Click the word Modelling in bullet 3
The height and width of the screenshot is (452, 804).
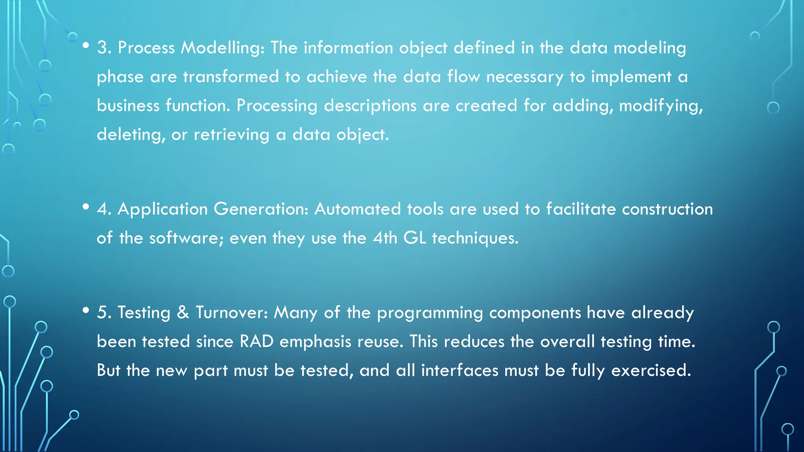coord(222,48)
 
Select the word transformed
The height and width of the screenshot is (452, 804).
coord(231,77)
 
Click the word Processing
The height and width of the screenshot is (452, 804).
coord(277,106)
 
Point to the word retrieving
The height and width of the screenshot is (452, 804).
coord(232,135)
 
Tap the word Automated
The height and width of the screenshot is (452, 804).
coord(357,209)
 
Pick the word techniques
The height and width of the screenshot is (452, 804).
coord(475,238)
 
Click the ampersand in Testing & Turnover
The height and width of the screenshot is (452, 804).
coord(183,312)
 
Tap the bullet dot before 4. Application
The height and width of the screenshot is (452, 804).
coord(86,207)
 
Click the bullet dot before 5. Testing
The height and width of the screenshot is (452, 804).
coord(86,311)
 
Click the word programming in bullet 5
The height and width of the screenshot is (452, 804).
coord(430,313)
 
